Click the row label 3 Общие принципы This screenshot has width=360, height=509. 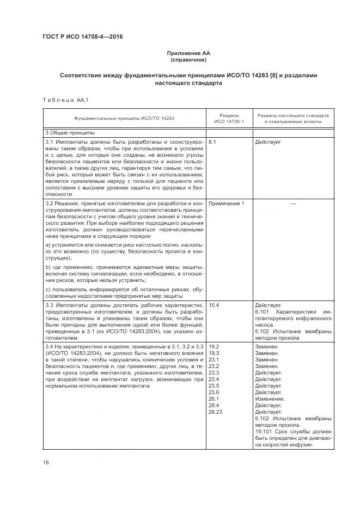coord(63,132)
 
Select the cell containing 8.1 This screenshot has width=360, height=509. coord(212,142)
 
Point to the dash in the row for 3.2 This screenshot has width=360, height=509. coord(293,203)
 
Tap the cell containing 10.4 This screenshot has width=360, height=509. coord(214,306)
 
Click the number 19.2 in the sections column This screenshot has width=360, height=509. coord(214,346)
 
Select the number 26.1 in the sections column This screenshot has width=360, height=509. coord(214,399)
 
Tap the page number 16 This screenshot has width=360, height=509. coord(46,463)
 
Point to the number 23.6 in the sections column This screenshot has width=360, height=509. coord(214,393)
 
